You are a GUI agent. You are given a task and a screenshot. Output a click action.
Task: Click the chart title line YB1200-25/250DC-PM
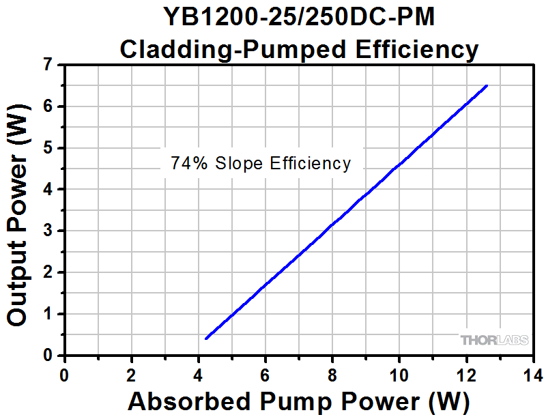click(299, 16)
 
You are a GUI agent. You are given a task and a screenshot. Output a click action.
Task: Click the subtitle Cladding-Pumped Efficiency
click(299, 48)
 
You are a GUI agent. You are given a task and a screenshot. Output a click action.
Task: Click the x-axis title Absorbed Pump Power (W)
click(298, 401)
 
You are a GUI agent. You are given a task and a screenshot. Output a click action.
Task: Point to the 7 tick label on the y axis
click(47, 65)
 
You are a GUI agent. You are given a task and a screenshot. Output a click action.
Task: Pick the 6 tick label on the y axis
click(47, 106)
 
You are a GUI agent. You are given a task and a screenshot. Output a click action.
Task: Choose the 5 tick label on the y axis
click(47, 148)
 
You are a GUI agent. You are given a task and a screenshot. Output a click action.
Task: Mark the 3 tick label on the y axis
click(47, 231)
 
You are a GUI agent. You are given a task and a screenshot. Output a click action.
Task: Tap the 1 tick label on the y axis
click(47, 314)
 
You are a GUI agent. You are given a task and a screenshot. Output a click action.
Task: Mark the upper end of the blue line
click(486, 86)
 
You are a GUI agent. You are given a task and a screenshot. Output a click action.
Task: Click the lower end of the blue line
click(206, 338)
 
